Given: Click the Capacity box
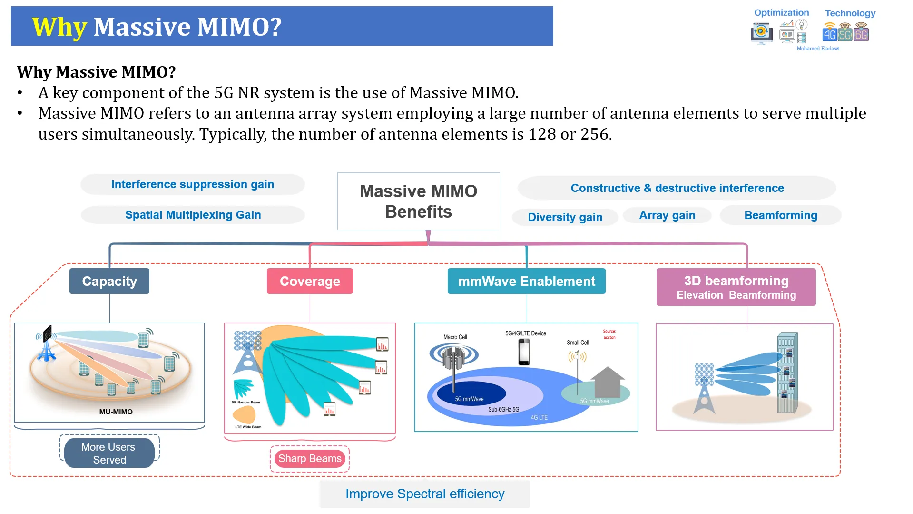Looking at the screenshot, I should pyautogui.click(x=109, y=281).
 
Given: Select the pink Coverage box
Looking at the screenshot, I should pyautogui.click(x=310, y=281).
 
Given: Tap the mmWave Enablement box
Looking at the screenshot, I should pyautogui.click(x=526, y=281).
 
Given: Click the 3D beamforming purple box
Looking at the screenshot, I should pyautogui.click(x=736, y=287).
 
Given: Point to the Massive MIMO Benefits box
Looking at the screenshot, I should pyautogui.click(x=418, y=202).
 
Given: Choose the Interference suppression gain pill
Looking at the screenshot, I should pyautogui.click(x=192, y=184).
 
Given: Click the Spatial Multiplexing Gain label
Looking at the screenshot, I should pyautogui.click(x=193, y=215).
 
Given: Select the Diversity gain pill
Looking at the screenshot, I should pyautogui.click(x=565, y=217).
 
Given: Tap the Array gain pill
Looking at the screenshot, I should pyautogui.click(x=667, y=215).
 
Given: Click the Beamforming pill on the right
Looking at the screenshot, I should pyautogui.click(x=780, y=215).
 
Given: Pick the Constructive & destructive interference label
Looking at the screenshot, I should pyautogui.click(x=677, y=188).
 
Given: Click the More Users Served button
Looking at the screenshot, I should pyautogui.click(x=109, y=453).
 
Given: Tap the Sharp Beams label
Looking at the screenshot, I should pyautogui.click(x=310, y=459).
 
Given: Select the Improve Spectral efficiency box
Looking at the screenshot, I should pyautogui.click(x=425, y=494).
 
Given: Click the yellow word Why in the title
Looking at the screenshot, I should pyautogui.click(x=59, y=27).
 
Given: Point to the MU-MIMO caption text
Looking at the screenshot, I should pyautogui.click(x=116, y=412).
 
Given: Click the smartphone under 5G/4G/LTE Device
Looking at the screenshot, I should pyautogui.click(x=524, y=353).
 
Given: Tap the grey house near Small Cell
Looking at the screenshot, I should pyautogui.click(x=608, y=382).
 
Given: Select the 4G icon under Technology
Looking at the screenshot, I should pyautogui.click(x=829, y=34).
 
